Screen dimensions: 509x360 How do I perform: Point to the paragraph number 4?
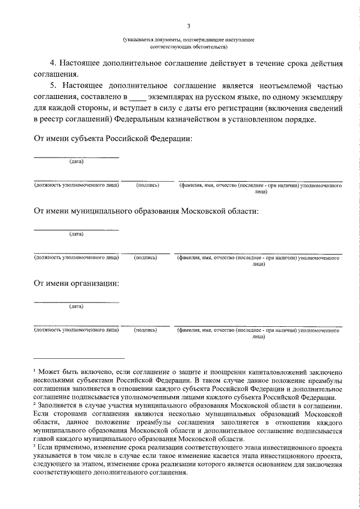[x=52, y=64]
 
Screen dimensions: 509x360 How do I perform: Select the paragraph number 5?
[x=52, y=85]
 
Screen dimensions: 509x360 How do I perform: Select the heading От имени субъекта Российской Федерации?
[x=113, y=138]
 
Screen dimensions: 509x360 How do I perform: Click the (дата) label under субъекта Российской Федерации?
[x=76, y=162]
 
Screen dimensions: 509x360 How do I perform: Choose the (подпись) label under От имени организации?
[x=145, y=330]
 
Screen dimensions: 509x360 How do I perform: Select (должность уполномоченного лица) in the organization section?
[x=76, y=330]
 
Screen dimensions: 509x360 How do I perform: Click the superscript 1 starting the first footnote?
[x=34, y=371]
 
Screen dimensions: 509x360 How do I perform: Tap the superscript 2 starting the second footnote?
[x=34, y=404]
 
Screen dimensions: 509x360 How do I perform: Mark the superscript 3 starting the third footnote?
[x=34, y=444]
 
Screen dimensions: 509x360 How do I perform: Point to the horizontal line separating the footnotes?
[x=79, y=358]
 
